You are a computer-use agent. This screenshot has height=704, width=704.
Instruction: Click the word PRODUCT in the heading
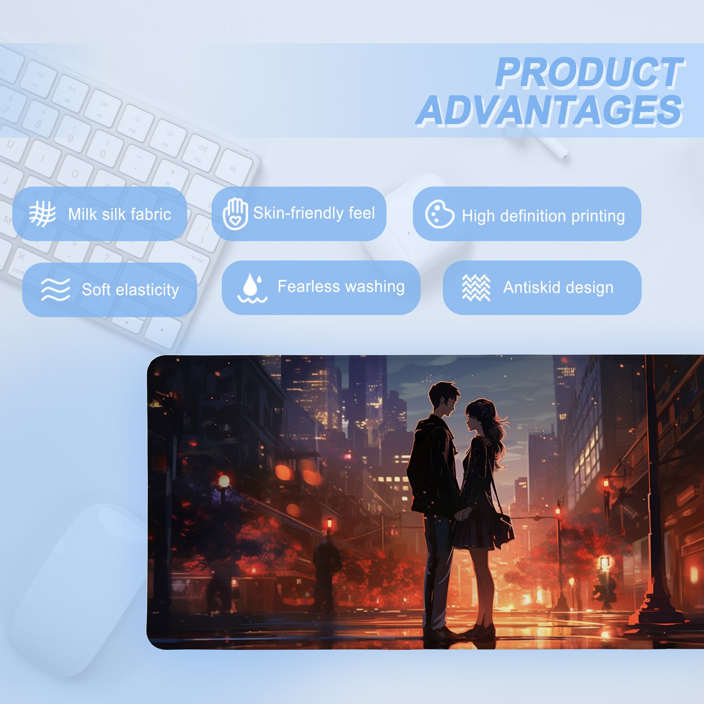pos(590,73)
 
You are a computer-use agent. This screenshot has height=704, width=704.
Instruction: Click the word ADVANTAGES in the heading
pos(550,110)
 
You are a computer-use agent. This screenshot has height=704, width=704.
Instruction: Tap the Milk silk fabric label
pos(120,214)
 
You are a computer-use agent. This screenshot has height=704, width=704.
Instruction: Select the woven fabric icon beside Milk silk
pos(42,214)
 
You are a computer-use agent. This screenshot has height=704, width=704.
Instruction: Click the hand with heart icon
pos(235,214)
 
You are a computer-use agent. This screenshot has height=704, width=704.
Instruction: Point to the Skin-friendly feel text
pos(314,213)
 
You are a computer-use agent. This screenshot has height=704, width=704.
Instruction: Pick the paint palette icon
pos(440,214)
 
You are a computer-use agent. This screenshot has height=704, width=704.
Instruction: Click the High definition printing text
pos(543,216)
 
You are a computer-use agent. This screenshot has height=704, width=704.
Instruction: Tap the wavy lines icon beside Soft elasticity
pos(55,289)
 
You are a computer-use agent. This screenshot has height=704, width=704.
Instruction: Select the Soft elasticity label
pos(130,290)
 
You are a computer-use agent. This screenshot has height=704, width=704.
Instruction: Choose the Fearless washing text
pos(341,287)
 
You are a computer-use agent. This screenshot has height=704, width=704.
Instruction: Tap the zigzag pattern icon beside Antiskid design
pos(476,288)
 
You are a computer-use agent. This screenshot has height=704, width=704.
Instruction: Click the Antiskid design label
pos(558,287)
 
